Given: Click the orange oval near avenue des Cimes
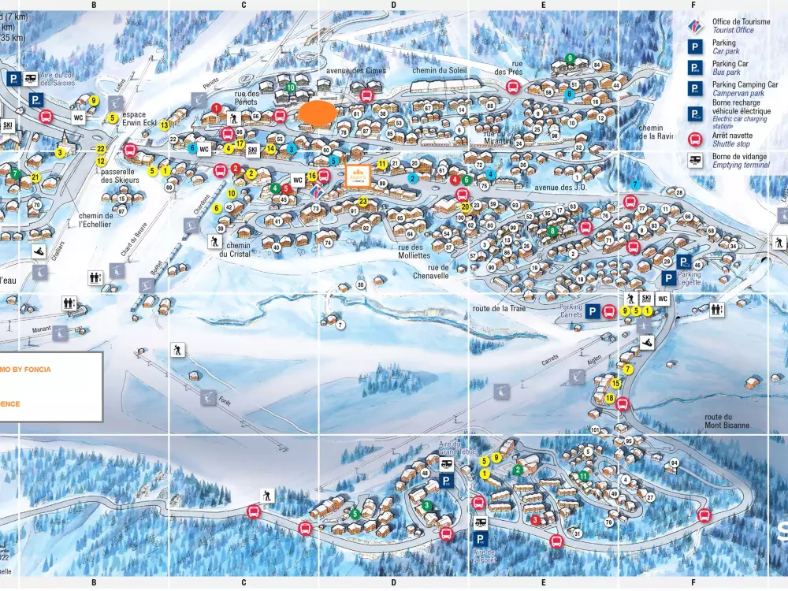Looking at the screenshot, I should coord(318,112).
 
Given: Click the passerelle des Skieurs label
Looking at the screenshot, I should coord(120,175).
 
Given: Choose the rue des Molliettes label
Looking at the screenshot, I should coord(409,251).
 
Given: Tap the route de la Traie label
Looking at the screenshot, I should coord(499,308).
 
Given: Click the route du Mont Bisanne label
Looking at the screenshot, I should coord(726,421).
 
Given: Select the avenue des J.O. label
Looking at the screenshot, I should coord(561,188).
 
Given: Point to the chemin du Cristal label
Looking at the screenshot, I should coord(234,249).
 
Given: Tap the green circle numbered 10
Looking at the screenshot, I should coord(291,87).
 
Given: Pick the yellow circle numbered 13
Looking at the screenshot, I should coord(164,125).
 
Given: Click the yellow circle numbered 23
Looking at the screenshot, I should coord(363,202).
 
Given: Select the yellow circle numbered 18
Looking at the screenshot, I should coord(610,399).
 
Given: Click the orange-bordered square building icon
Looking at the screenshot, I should coord(358,175).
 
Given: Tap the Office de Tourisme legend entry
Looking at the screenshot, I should coord(741,26).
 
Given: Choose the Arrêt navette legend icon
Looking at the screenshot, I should coord(695,139).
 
